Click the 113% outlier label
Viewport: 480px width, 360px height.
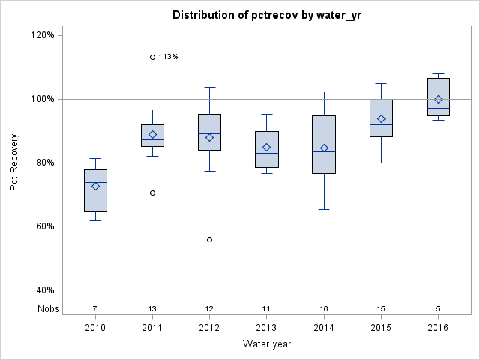tap(169, 57)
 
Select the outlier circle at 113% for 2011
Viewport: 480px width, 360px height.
tap(152, 57)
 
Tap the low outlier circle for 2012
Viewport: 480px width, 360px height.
tap(209, 239)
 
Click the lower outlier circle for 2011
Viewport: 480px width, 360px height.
tap(152, 193)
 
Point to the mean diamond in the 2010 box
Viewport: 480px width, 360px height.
tap(95, 186)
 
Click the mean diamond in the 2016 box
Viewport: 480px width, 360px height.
tap(438, 99)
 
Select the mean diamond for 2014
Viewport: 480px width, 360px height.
tap(324, 148)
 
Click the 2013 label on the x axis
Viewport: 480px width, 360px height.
tap(267, 328)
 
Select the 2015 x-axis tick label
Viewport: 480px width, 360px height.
tap(381, 328)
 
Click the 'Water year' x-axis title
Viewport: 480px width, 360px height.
tap(266, 344)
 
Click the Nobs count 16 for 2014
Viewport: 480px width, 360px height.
tap(324, 308)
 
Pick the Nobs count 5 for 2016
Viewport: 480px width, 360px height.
tap(438, 308)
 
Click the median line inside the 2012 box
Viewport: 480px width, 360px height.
tap(209, 133)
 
